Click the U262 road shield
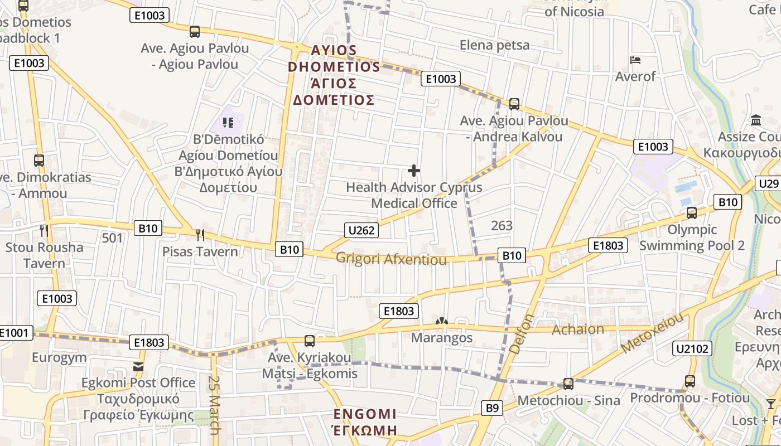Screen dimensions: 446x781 [x=361, y=230]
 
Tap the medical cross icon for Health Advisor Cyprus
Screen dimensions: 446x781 [x=414, y=170]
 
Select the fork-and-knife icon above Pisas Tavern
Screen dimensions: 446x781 [x=200, y=235]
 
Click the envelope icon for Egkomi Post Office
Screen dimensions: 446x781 [x=138, y=366]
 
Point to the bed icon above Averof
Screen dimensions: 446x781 [x=635, y=60]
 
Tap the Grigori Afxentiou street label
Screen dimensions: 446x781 [x=391, y=259]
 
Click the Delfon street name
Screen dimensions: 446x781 [x=522, y=334]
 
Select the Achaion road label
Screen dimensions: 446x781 [x=577, y=329]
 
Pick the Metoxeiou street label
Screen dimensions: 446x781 [x=652, y=333]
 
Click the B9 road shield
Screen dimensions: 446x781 [x=491, y=408]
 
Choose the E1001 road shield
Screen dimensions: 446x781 [x=13, y=333]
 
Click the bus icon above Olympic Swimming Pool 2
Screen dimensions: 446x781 [x=692, y=212]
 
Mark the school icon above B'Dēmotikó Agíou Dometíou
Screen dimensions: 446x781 [x=227, y=122]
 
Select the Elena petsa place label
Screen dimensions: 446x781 [x=494, y=45]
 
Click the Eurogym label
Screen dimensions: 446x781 [x=59, y=357]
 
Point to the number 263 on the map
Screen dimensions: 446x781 [x=502, y=226]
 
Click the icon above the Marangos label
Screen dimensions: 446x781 [x=442, y=322]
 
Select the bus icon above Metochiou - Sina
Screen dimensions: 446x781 [x=568, y=384]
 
